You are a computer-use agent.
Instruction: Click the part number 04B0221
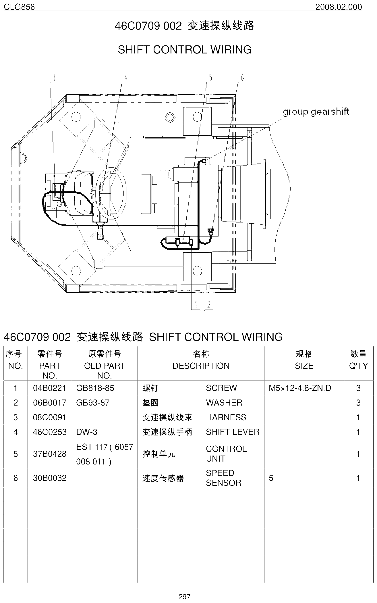pos(49,388)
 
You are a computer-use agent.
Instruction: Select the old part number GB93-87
pos(92,403)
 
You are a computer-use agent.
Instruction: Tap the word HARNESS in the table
pos(226,417)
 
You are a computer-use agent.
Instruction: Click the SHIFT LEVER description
pos(233,432)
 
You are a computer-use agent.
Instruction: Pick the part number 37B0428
pos(49,454)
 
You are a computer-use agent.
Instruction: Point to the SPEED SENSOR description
pos(223,478)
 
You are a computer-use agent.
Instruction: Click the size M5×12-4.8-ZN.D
pos(300,388)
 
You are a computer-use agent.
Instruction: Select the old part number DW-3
pos(87,432)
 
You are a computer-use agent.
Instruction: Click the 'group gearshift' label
pos(316,112)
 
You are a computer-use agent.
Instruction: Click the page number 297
pos(184,597)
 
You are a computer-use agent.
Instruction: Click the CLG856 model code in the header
pos(19,7)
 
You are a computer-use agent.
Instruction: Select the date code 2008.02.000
pos(339,7)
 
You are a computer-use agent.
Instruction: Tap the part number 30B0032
pos(49,478)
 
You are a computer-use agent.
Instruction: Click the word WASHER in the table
pos(224,403)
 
